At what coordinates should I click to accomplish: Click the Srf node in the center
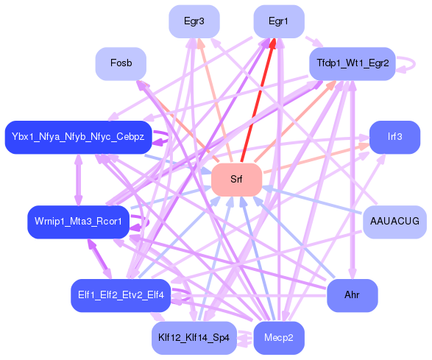coord(236,180)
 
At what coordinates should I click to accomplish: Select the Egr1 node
coord(278,21)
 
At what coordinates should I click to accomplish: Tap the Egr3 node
coord(194,21)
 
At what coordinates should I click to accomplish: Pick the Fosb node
coord(121,64)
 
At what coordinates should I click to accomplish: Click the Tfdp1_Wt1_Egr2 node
coord(353,64)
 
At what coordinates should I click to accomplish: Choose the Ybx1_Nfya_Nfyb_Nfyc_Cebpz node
coord(78,137)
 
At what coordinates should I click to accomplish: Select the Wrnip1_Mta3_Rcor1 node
coord(78,222)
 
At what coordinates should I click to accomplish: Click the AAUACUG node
coord(394,222)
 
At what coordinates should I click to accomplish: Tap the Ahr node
coord(352,295)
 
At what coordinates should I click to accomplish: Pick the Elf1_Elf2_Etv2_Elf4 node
coord(121,295)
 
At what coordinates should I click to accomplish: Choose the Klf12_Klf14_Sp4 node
coord(194,338)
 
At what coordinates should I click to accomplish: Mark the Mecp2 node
coord(278,338)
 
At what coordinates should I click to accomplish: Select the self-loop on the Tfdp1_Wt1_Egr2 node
coord(406,64)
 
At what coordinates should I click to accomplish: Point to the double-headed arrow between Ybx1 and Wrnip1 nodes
coord(78,179)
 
